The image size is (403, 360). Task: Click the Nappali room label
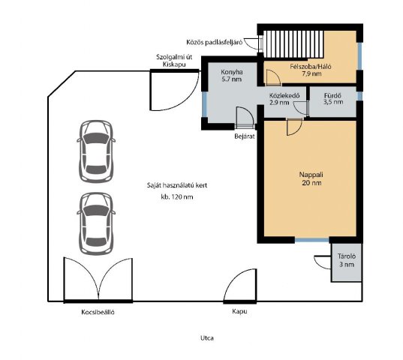coord(311,178)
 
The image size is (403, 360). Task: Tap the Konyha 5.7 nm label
coord(232,76)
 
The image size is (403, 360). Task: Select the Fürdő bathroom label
coord(333,98)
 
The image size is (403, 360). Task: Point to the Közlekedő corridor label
coord(284,99)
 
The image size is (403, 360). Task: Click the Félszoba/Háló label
coord(311,70)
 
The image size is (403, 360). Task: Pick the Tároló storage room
coord(347,262)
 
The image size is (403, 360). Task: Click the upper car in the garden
coord(96,151)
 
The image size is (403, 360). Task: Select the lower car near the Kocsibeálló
coord(96,223)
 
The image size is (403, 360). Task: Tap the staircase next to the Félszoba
coord(293,44)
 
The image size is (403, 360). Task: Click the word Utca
coord(207,338)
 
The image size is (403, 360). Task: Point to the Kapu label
coord(239,311)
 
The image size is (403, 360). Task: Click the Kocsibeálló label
coord(98,312)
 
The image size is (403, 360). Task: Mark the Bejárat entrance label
coord(245,136)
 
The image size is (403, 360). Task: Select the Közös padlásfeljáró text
coord(215,42)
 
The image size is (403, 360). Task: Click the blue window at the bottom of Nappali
coord(311,240)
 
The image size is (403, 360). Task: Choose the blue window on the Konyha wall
coord(204,104)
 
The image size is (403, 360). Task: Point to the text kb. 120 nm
coord(177,197)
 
